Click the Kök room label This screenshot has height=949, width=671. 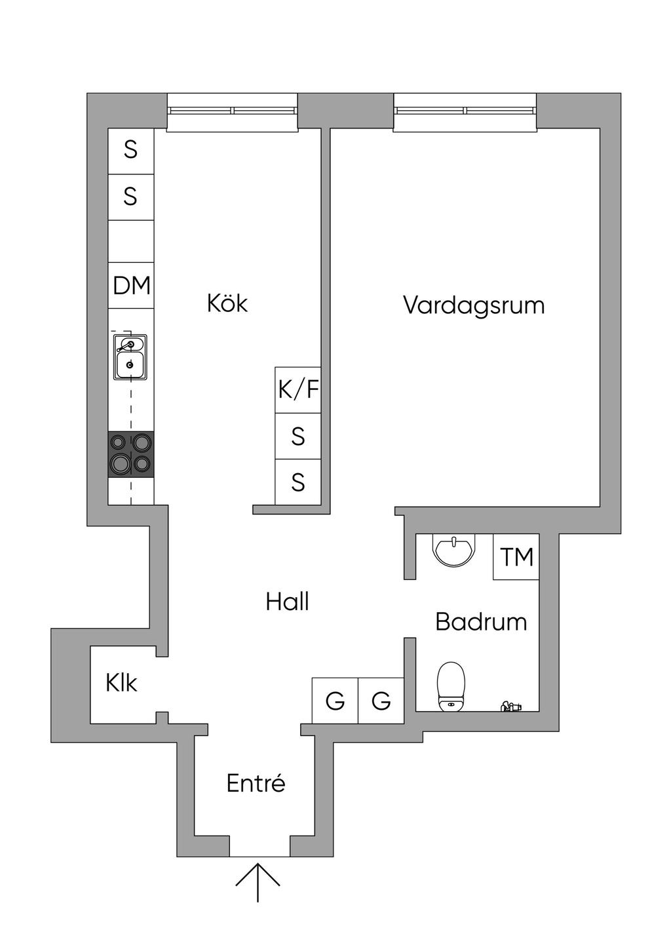[227, 303]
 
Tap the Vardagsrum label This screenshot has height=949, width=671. [474, 305]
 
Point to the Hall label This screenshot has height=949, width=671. [287, 602]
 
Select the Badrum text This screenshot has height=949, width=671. [481, 621]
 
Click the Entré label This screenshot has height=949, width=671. [256, 783]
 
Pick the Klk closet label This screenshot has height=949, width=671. [121, 684]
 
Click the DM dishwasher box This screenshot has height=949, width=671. [131, 286]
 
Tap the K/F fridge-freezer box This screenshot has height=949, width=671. [298, 390]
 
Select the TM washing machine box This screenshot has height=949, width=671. [516, 557]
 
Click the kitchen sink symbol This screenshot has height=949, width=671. [130, 357]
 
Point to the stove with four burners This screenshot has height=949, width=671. [131, 454]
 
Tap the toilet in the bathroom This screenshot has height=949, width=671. [451, 686]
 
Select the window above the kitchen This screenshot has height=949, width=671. [233, 111]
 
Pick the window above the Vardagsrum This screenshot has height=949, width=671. [465, 111]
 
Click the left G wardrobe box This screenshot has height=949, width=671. [335, 701]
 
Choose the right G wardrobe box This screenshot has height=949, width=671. [381, 701]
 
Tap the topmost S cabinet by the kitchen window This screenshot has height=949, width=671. [131, 151]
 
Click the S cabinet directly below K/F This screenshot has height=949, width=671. [298, 436]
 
